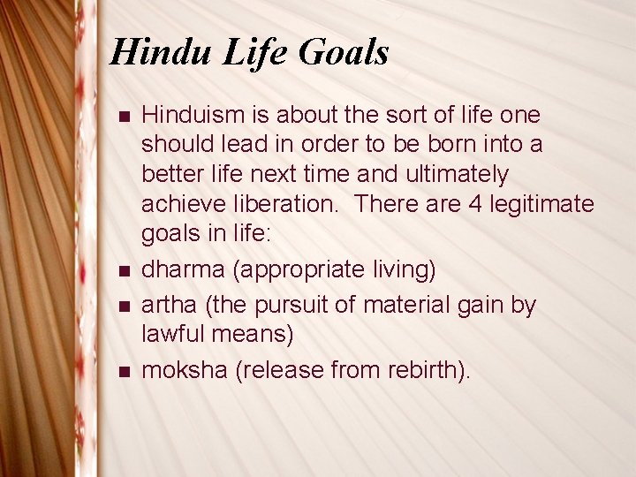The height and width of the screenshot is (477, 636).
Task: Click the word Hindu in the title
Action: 161,53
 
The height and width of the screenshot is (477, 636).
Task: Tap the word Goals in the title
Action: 344,53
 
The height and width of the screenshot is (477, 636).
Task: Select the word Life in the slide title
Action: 255,53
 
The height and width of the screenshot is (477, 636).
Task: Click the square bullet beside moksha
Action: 123,372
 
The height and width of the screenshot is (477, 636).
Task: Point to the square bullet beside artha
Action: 123,306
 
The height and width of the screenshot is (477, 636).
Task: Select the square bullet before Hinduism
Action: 123,116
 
